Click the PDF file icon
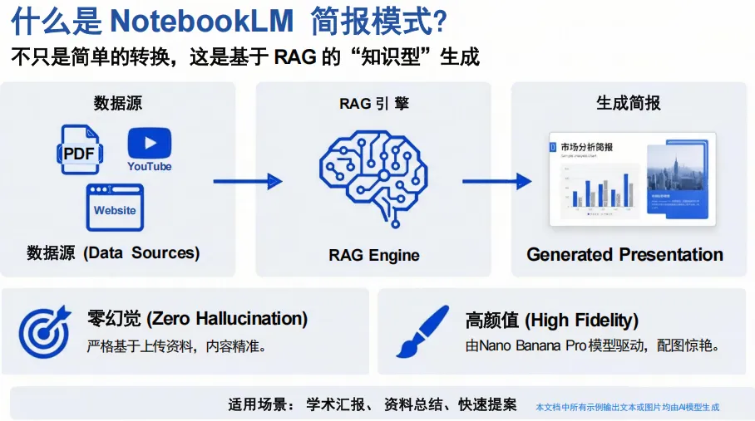[81, 151]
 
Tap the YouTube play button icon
[150, 143]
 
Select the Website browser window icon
[115, 208]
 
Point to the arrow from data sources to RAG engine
[247, 181]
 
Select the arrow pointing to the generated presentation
[496, 181]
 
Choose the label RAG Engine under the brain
[374, 255]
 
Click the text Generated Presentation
[624, 254]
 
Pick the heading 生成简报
[629, 103]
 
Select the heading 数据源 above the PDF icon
[118, 103]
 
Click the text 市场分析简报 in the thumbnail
[587, 147]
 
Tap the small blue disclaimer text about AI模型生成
[627, 407]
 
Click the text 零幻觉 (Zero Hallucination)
[197, 318]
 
